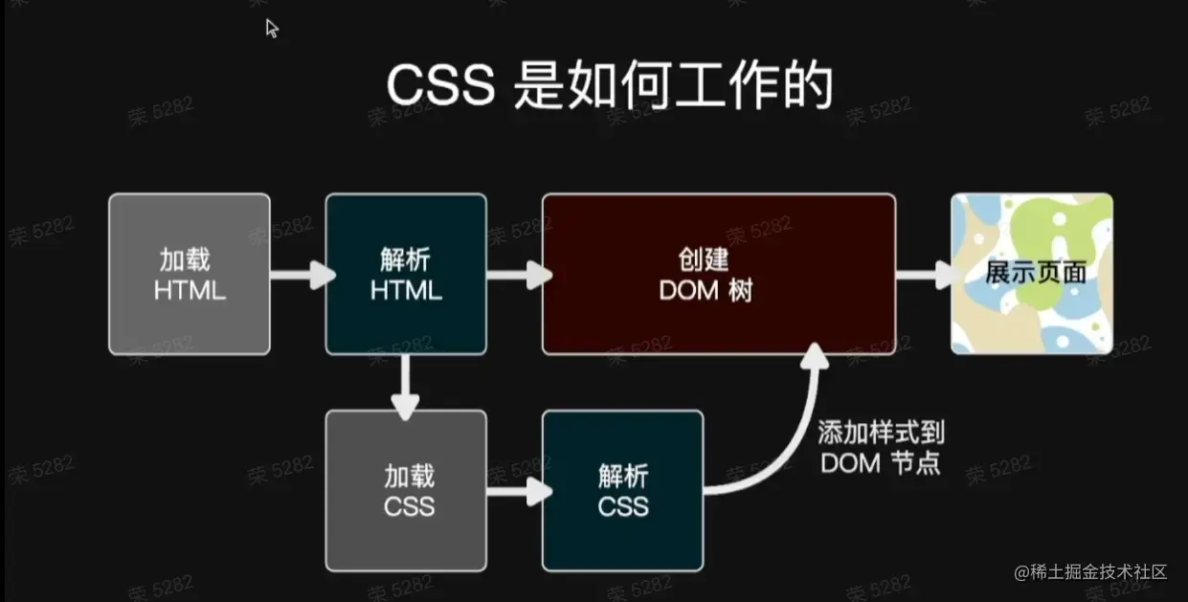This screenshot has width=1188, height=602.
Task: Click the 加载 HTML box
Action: (190, 274)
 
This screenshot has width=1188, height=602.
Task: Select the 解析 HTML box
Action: (406, 274)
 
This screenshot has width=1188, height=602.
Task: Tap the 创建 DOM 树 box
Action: (719, 274)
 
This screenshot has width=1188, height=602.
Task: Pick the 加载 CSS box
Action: (406, 490)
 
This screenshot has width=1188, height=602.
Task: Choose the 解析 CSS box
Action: (622, 490)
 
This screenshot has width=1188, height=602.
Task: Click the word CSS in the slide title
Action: (439, 87)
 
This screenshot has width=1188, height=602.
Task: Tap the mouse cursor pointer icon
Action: (272, 28)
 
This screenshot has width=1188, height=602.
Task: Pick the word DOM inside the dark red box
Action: (688, 291)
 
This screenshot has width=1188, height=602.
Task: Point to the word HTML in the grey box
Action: (190, 291)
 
